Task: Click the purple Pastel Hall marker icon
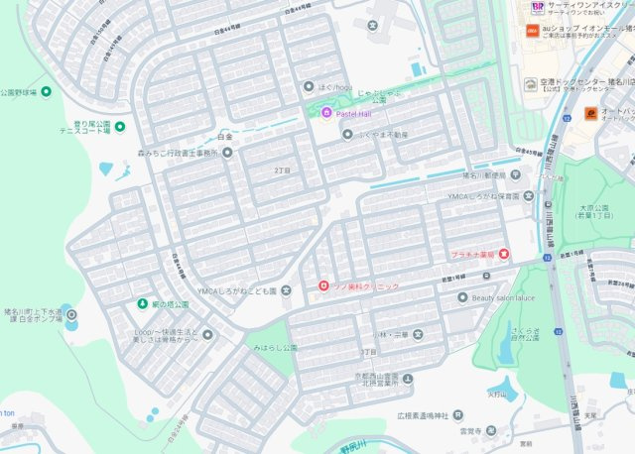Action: coord(326,114)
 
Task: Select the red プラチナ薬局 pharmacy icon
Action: coord(504,255)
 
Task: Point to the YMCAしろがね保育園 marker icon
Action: coord(529,196)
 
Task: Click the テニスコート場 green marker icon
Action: coord(120,127)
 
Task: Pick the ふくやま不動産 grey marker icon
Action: coord(347,134)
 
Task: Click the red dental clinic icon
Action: coord(322,286)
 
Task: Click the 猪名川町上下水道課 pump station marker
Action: coord(71,315)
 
